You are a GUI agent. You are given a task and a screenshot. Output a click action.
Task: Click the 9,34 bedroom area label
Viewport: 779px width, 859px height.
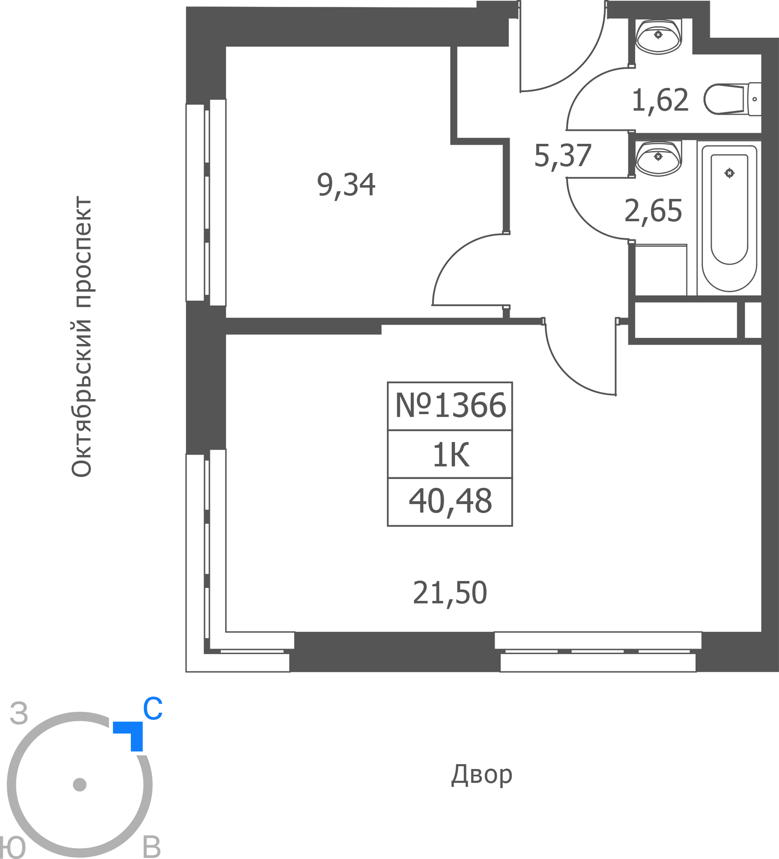[346, 186]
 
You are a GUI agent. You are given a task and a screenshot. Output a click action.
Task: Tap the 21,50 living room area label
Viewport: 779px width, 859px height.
[450, 594]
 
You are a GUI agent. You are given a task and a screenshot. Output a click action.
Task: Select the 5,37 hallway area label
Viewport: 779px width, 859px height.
[563, 156]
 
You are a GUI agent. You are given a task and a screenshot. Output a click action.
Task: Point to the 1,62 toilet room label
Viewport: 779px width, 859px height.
[660, 101]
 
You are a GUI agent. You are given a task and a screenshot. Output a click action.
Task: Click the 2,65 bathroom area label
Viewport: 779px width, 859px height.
[653, 211]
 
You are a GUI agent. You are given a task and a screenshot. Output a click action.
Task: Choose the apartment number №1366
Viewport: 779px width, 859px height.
[450, 405]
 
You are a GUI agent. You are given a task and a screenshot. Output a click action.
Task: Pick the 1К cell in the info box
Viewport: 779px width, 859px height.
[450, 455]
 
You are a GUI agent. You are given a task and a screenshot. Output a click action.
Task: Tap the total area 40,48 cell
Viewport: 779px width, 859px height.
[450, 502]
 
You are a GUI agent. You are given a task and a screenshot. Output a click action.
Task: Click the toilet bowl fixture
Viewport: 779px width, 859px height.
[733, 99]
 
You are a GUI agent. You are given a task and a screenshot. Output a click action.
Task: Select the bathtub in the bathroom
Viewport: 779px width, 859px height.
[729, 218]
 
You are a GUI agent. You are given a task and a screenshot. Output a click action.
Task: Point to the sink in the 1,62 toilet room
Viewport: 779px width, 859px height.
[658, 36]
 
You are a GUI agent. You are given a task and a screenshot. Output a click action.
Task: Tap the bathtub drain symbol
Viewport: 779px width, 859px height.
[729, 173]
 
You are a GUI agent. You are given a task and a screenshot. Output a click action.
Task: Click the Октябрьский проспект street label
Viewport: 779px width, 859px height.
[81, 337]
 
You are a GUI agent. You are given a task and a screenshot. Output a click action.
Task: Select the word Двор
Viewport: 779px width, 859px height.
[481, 775]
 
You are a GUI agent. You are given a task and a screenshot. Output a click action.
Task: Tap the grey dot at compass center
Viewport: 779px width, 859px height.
[80, 785]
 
